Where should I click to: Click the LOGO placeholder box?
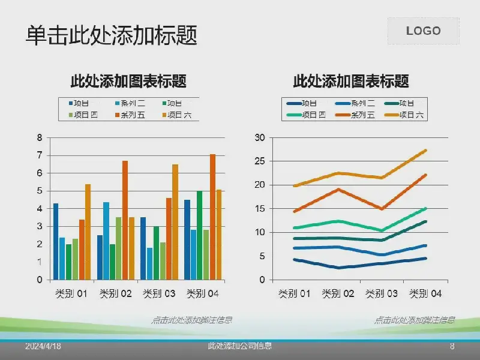[x=423, y=31]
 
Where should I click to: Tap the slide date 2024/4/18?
[x=43, y=347]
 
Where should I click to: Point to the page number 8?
[x=452, y=346]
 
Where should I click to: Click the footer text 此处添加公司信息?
[x=240, y=346]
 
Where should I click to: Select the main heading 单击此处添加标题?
[x=111, y=35]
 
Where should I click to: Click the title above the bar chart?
[x=128, y=80]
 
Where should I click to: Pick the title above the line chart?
[x=351, y=80]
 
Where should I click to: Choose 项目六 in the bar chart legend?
[x=178, y=115]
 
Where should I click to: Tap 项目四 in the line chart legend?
[x=313, y=115]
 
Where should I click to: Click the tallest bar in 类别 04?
[x=212, y=217]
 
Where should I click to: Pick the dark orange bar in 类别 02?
[x=125, y=220]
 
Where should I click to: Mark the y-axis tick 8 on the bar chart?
[x=40, y=137]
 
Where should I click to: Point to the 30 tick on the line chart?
[x=259, y=137]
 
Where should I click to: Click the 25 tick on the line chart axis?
[x=259, y=161]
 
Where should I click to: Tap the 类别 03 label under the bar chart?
[x=160, y=294]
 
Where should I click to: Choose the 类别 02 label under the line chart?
[x=339, y=294]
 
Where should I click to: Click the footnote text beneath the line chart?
[x=414, y=320]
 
